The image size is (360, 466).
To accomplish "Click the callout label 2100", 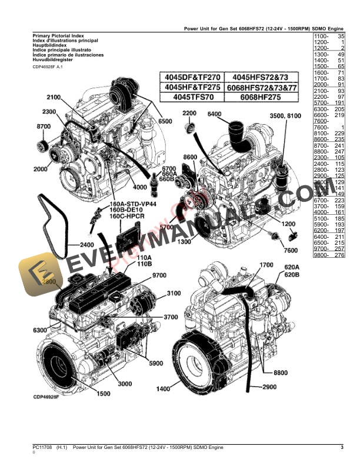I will click(54, 97).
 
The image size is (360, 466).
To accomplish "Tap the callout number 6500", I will click(165, 121).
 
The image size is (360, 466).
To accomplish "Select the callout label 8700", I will click(44, 127).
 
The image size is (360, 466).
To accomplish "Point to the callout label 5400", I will click(215, 114).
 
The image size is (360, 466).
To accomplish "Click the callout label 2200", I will click(189, 113).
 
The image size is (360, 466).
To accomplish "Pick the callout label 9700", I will click(159, 275).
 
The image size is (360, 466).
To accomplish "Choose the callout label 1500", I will click(104, 394).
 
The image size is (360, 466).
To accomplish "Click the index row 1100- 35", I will click(329, 36).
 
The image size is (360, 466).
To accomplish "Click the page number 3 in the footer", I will click(342, 448).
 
